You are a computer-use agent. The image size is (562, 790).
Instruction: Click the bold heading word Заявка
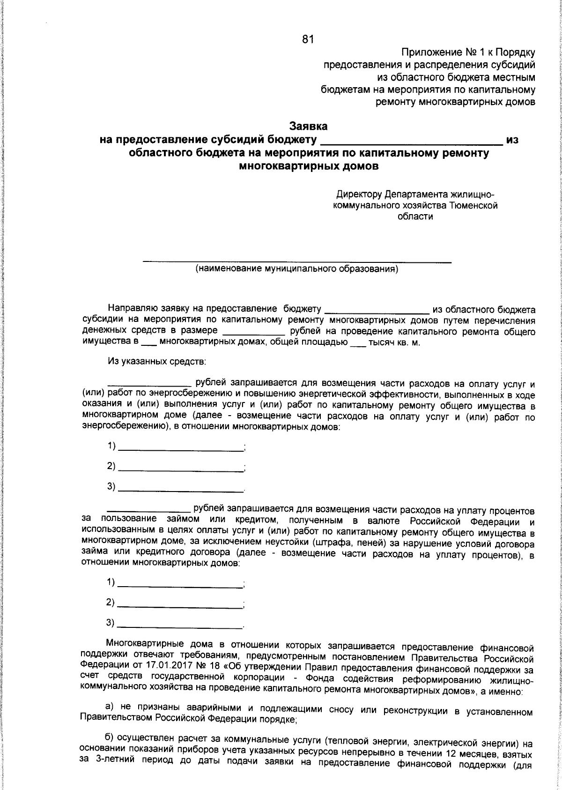(x=308, y=126)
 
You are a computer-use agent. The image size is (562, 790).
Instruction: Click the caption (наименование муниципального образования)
(x=296, y=269)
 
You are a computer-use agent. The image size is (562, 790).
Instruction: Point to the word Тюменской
(x=473, y=205)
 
